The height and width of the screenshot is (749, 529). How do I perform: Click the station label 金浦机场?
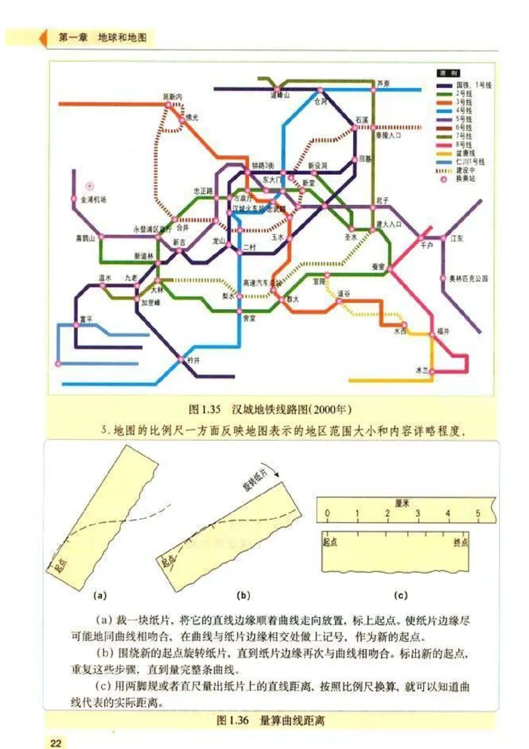click(x=93, y=198)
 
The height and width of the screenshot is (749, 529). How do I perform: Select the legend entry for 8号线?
click(x=464, y=144)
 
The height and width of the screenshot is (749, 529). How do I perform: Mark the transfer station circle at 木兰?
click(x=432, y=373)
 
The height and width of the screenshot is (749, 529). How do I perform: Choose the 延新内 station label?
click(x=173, y=97)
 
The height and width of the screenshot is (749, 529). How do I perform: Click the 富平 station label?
click(x=86, y=318)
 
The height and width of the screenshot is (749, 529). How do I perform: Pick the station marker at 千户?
click(x=421, y=237)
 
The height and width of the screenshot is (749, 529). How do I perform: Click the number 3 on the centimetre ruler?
click(x=417, y=513)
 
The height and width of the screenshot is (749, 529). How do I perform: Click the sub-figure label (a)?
click(x=101, y=595)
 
